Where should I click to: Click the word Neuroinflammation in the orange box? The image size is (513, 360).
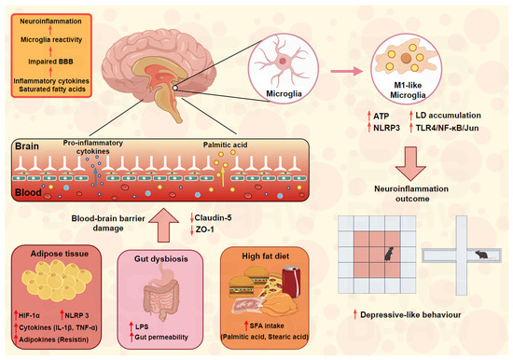pyautogui.click(x=50, y=21)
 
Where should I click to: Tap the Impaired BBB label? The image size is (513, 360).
pyautogui.click(x=50, y=62)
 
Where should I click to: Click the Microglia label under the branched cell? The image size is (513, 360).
pyautogui.click(x=284, y=93)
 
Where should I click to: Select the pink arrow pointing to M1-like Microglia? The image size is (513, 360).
pyautogui.click(x=347, y=71)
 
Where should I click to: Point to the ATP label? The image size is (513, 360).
pyautogui.click(x=381, y=117)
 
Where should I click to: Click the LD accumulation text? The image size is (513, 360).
pyautogui.click(x=449, y=116)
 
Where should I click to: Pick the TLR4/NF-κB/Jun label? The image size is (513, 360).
pyautogui.click(x=447, y=128)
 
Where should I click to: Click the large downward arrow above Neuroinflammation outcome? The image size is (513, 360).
pyautogui.click(x=410, y=163)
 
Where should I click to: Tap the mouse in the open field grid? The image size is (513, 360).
pyautogui.click(x=389, y=254)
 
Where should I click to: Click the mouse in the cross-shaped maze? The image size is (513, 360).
pyautogui.click(x=482, y=255)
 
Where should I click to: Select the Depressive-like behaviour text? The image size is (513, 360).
pyautogui.click(x=410, y=315)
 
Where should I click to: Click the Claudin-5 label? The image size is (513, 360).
pyautogui.click(x=213, y=217)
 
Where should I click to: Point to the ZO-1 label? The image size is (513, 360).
pyautogui.click(x=205, y=229)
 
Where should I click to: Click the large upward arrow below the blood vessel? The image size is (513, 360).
pyautogui.click(x=163, y=225)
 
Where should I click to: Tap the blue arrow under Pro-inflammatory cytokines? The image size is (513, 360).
pyautogui.click(x=95, y=176)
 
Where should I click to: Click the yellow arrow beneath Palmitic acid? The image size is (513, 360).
pyautogui.click(x=223, y=177)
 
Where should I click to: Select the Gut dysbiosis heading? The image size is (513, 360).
pyautogui.click(x=161, y=259)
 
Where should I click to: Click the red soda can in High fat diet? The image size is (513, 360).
pyautogui.click(x=291, y=282)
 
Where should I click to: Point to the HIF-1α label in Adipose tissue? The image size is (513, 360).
pyautogui.click(x=29, y=315)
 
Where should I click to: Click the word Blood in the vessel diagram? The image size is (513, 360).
pyautogui.click(x=29, y=192)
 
